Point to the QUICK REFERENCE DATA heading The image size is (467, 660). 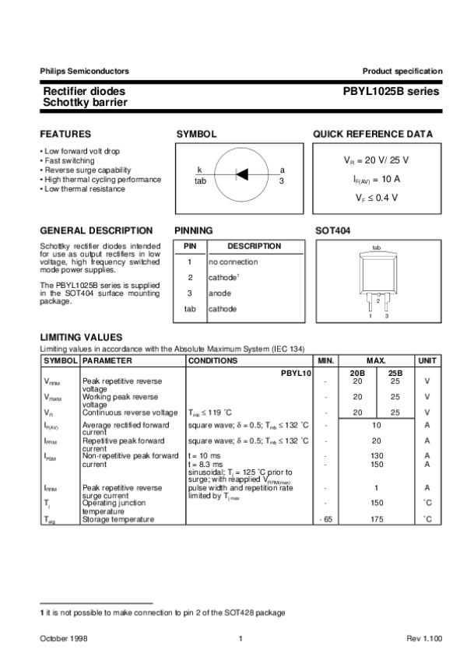click(x=373, y=135)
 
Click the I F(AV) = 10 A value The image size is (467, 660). click(x=376, y=179)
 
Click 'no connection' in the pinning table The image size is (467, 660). click(x=233, y=262)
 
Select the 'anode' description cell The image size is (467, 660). click(x=219, y=293)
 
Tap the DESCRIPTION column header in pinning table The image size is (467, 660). click(x=254, y=246)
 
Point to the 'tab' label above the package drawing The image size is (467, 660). click(x=376, y=247)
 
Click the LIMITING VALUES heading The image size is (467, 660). click(x=81, y=336)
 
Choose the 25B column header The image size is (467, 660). click(x=395, y=374)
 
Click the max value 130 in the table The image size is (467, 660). click(x=376, y=455)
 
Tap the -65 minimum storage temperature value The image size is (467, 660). click(x=325, y=518)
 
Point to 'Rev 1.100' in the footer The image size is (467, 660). click(x=424, y=639)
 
